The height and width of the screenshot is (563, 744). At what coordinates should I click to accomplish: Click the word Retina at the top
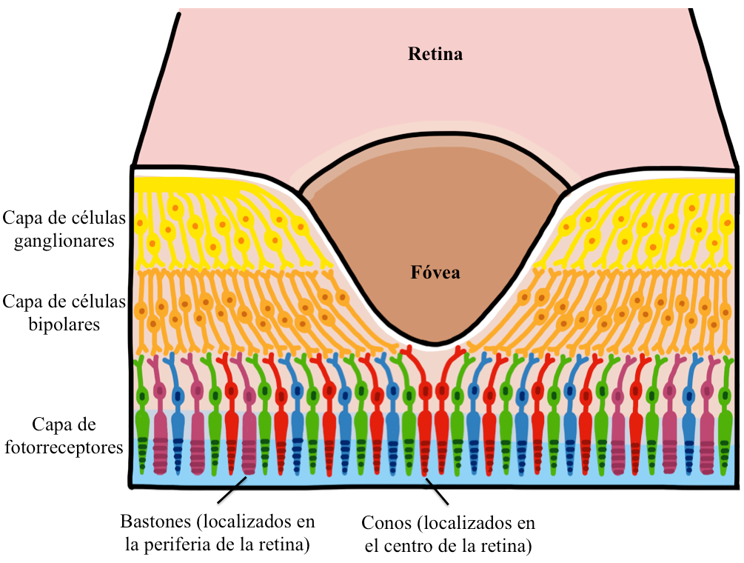pyautogui.click(x=435, y=54)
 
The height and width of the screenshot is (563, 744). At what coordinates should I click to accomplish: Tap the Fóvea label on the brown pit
pyautogui.click(x=435, y=273)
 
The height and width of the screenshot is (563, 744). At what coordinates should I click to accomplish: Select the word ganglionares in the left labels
pyautogui.click(x=64, y=241)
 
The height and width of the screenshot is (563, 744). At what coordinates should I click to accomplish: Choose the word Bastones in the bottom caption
pyautogui.click(x=152, y=522)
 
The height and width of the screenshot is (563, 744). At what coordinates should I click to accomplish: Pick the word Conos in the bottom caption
pyautogui.click(x=384, y=523)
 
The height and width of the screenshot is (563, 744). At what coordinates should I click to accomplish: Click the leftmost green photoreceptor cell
pyautogui.click(x=142, y=422)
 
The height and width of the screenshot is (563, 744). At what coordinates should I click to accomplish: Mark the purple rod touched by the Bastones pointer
pyautogui.click(x=248, y=437)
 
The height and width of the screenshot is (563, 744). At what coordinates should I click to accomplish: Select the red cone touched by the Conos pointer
pyautogui.click(x=424, y=437)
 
